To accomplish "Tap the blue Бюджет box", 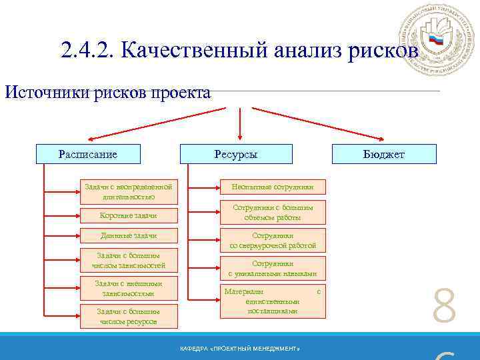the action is (384, 154).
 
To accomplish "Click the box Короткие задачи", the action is (129, 215).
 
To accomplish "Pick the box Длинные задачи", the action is (129, 235).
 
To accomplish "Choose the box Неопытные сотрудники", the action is (273, 187).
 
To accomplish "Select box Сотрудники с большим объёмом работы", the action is (273, 212).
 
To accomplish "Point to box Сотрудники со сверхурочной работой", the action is (273, 240).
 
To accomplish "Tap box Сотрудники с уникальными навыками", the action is (273, 268).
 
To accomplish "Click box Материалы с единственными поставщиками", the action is (273, 301).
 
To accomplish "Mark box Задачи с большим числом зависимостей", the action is (129, 260).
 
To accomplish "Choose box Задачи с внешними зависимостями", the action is (129, 288).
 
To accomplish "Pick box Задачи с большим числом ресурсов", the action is (129, 316).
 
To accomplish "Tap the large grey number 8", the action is (444, 307).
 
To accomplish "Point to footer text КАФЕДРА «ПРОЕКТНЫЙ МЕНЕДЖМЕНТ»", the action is (240, 349).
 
